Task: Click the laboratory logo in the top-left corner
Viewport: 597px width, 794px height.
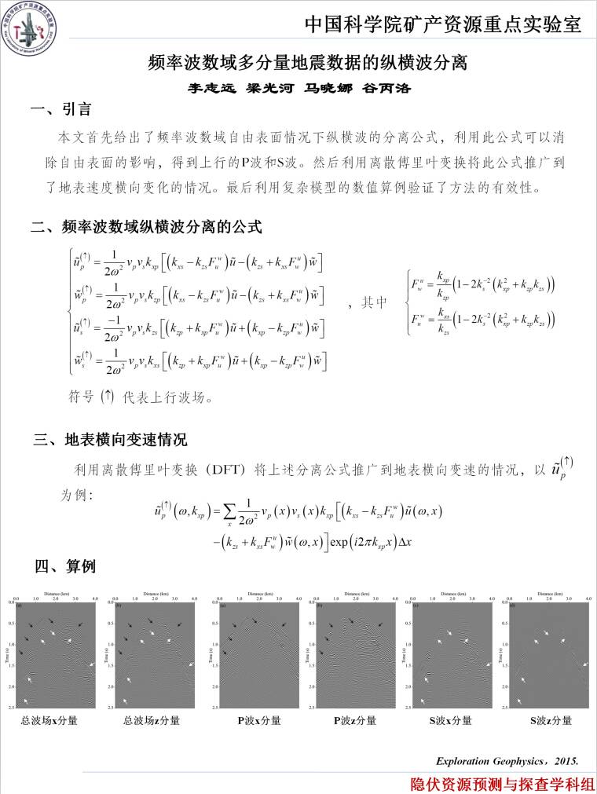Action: pyautogui.click(x=29, y=25)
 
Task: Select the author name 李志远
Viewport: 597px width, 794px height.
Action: pyautogui.click(x=205, y=88)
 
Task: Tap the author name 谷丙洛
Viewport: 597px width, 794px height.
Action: pyautogui.click(x=386, y=88)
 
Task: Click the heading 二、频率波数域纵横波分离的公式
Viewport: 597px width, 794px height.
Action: pyautogui.click(x=146, y=228)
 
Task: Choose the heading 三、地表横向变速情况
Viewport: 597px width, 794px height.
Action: pyautogui.click(x=110, y=439)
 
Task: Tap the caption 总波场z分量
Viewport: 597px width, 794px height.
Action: pyautogui.click(x=151, y=720)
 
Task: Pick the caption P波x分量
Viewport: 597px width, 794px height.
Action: pyautogui.click(x=259, y=720)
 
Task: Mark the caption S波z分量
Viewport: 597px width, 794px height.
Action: pyautogui.click(x=550, y=720)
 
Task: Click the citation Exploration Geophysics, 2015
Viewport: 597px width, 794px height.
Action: pyautogui.click(x=507, y=761)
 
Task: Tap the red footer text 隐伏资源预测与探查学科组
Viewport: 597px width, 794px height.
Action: pyautogui.click(x=503, y=783)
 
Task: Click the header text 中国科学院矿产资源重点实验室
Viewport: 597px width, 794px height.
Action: pyautogui.click(x=443, y=24)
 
